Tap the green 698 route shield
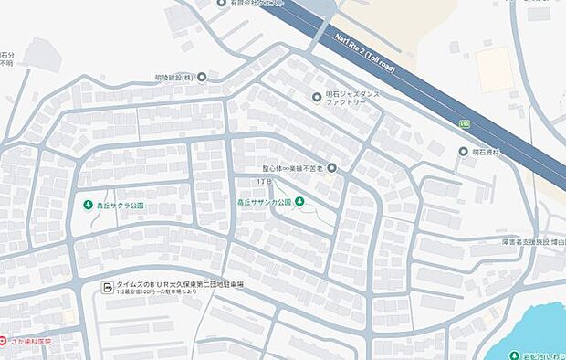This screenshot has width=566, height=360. tap(464, 121)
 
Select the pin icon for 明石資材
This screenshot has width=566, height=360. tap(464, 151)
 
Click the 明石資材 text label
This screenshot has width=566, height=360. tap(486, 152)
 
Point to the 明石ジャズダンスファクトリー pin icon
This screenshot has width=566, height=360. tap(317, 96)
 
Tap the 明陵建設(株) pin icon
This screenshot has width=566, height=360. tap(202, 78)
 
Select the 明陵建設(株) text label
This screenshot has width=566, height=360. tap(173, 78)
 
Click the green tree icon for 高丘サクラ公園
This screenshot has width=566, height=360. tap(89, 205)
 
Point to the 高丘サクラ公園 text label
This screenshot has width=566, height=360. tap(121, 206)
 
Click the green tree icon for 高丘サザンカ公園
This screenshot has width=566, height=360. tap(299, 201)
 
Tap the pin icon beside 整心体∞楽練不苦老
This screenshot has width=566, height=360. tap(332, 167)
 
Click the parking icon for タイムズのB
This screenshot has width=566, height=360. tap(108, 287)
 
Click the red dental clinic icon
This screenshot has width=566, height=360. tap(4, 340)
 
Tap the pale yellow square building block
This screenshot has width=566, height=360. tap(494, 69)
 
